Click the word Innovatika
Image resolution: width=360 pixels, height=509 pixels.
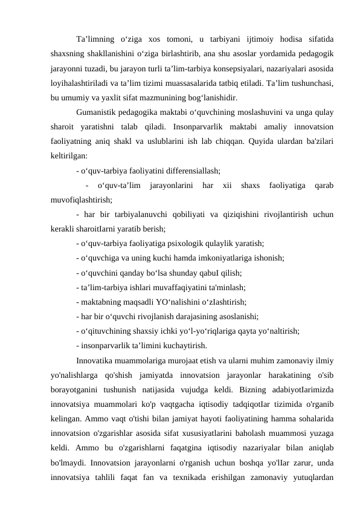pyautogui.click(x=97, y=343)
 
